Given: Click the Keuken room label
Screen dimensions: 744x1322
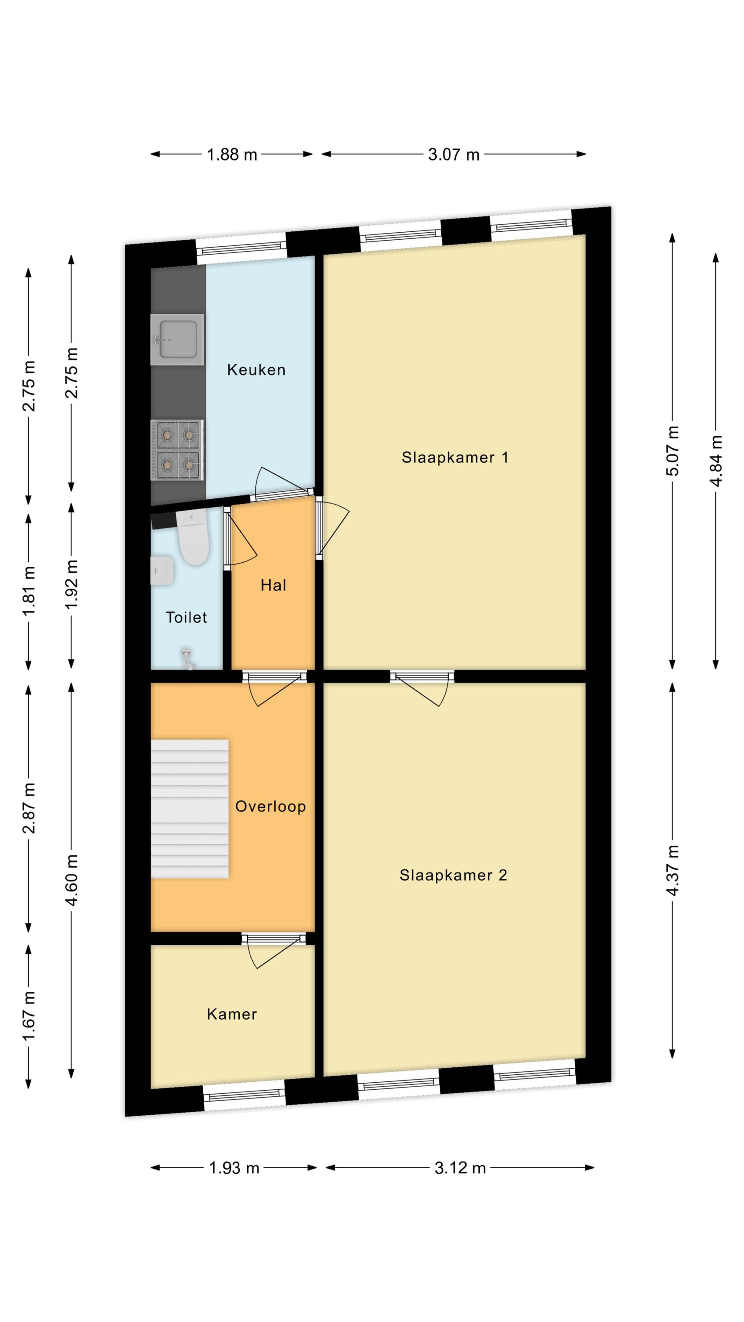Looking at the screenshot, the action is tap(256, 370).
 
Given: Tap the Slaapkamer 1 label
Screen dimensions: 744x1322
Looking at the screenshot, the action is tap(455, 457).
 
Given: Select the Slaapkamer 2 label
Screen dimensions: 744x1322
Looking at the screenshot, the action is tap(454, 875).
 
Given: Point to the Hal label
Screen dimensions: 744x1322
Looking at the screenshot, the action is tap(273, 585).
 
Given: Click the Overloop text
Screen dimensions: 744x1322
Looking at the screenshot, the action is tap(271, 806).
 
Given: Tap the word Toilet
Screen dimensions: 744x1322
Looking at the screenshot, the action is tap(186, 617).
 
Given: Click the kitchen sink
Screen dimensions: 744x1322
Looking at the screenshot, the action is tap(177, 340).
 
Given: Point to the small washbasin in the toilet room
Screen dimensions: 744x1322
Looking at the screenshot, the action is tap(162, 571).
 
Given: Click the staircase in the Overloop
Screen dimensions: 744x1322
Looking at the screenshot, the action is tap(190, 809).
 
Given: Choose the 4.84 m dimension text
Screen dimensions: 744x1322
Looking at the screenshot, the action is tap(716, 460).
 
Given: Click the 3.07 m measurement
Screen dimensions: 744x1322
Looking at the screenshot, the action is tap(454, 155).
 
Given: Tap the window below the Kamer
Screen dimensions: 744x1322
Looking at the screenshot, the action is tap(245, 1095).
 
